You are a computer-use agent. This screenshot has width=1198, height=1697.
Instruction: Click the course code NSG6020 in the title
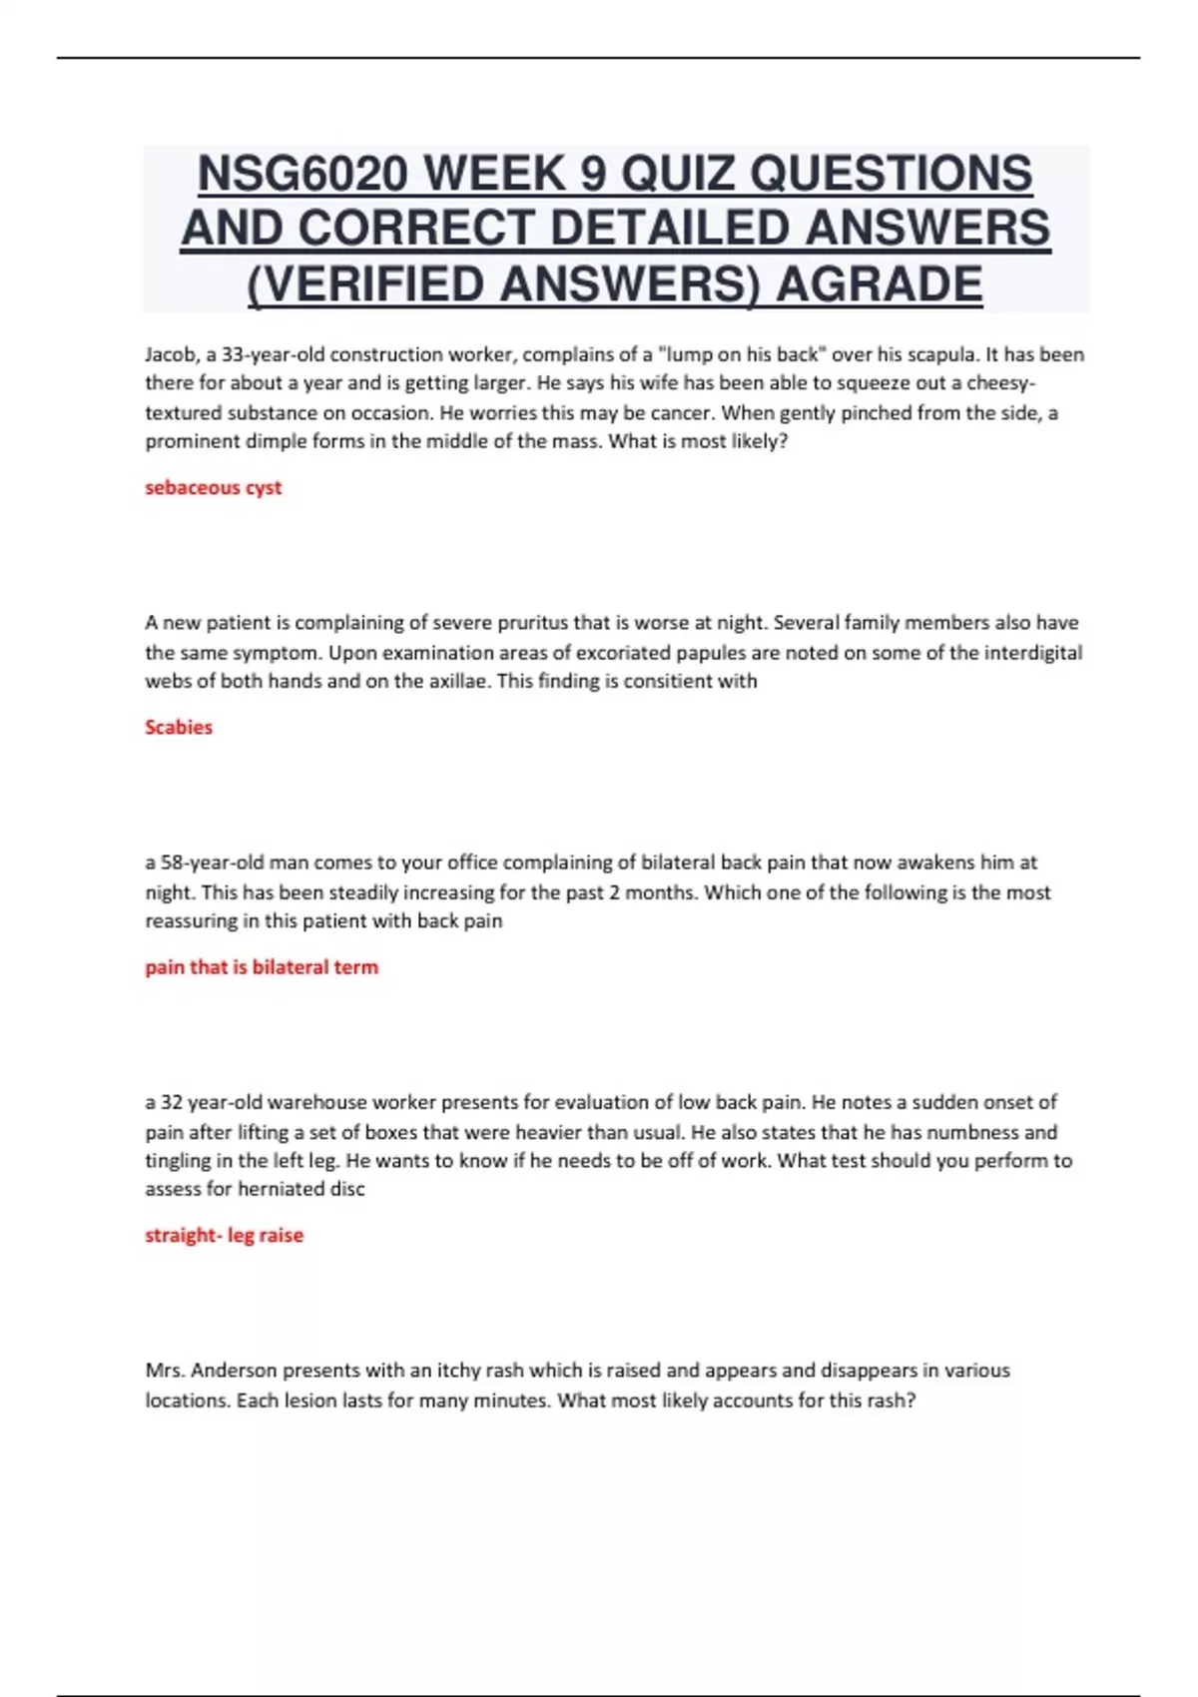tap(302, 175)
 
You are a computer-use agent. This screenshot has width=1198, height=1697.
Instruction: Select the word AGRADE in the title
tap(879, 284)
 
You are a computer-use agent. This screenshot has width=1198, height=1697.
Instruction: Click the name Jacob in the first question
tap(171, 354)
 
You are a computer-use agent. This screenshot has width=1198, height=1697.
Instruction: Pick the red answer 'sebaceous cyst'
tap(214, 487)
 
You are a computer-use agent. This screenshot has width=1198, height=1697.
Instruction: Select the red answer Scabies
tap(179, 727)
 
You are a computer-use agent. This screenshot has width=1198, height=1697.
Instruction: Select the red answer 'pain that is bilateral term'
tap(262, 966)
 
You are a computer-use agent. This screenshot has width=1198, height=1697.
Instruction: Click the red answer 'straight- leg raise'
tap(225, 1235)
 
